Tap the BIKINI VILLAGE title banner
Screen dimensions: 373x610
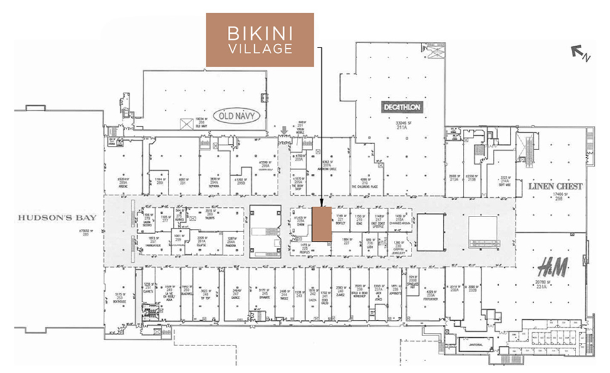click(260, 39)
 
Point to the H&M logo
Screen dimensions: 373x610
click(553, 269)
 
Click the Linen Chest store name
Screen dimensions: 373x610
click(556, 186)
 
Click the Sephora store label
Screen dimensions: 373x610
click(216, 185)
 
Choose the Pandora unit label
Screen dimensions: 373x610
click(232, 245)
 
